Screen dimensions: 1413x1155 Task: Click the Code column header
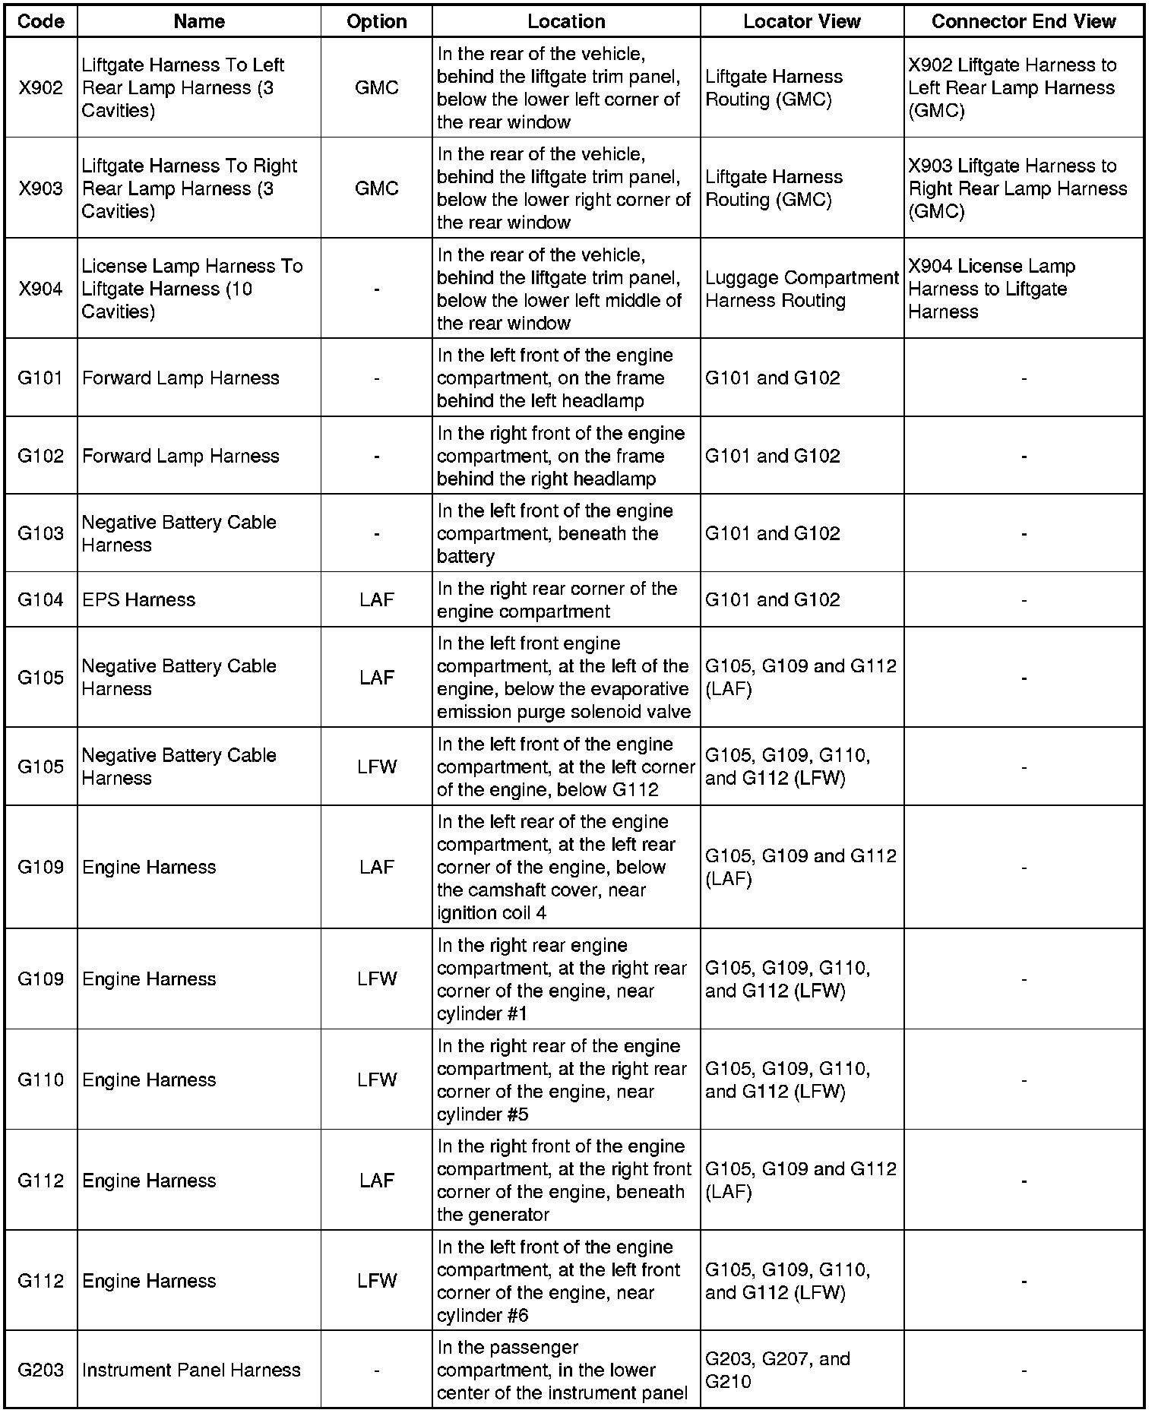(40, 21)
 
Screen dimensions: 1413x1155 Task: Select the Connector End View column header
(1023, 21)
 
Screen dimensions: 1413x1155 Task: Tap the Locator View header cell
(801, 21)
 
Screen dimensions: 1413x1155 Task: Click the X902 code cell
(40, 87)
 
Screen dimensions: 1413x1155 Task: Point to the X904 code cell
(40, 289)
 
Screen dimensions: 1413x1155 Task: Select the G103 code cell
(40, 533)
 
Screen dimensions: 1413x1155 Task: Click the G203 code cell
(40, 1370)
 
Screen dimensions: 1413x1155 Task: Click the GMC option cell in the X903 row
(376, 188)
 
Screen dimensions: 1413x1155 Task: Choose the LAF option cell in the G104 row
(376, 599)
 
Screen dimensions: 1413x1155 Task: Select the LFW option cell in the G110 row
(376, 1080)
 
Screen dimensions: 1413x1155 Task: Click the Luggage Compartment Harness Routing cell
(801, 289)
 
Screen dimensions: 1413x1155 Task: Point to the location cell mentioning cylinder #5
(565, 1080)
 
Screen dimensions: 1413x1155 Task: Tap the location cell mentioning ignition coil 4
(565, 867)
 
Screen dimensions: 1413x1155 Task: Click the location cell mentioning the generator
(565, 1180)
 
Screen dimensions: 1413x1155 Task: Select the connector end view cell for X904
(1023, 289)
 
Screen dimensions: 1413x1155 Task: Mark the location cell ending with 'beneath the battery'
(565, 533)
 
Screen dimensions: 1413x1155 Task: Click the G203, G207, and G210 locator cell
(801, 1370)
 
